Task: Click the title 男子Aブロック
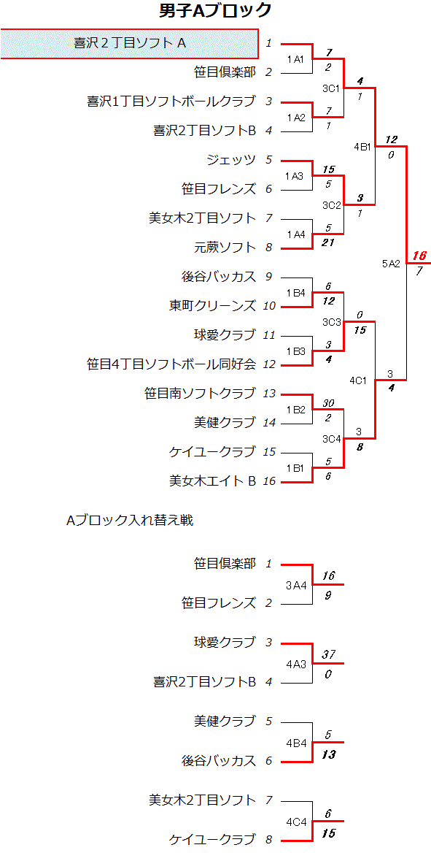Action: [x=216, y=10]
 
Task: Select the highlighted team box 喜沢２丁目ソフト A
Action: [x=129, y=43]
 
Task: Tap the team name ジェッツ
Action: [x=231, y=160]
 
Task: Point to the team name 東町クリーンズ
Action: [x=213, y=306]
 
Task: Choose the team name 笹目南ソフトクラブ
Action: [x=200, y=394]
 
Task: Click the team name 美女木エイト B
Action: [x=213, y=481]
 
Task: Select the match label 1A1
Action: [x=295, y=58]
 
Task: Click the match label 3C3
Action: [x=331, y=321]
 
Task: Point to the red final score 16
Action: [x=419, y=256]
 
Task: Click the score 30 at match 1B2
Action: [x=328, y=403]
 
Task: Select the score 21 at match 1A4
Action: [x=328, y=242]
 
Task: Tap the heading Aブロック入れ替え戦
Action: [x=129, y=521]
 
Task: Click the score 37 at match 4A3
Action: [x=328, y=654]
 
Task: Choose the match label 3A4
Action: [x=295, y=586]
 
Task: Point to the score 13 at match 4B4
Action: [x=328, y=754]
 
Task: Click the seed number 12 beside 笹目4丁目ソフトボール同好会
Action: [x=269, y=364]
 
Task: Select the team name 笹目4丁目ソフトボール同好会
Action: [x=171, y=364]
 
